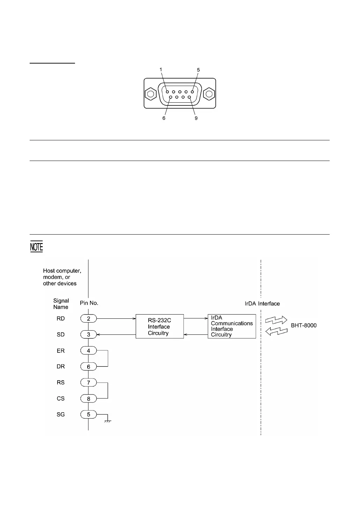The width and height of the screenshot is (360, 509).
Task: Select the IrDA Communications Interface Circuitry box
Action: tap(232, 326)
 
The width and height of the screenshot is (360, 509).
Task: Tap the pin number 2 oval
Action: tap(89, 318)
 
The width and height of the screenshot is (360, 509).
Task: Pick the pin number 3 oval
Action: tap(89, 334)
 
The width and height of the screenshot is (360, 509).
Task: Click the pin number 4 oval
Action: tap(89, 351)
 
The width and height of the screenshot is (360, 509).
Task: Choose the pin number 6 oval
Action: tap(89, 367)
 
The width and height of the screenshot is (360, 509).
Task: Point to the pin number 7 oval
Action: tap(89, 383)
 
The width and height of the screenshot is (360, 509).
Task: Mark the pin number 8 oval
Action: tap(89, 398)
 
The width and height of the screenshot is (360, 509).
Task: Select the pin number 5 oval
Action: tap(89, 414)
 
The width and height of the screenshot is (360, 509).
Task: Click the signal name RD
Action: tap(61, 318)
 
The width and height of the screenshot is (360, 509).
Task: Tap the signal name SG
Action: tap(61, 414)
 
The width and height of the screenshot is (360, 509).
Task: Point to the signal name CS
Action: tap(61, 398)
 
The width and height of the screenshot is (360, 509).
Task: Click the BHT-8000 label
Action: tap(304, 325)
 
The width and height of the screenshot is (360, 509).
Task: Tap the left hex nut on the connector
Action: tap(151, 94)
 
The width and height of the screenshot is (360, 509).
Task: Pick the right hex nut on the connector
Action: tap(209, 94)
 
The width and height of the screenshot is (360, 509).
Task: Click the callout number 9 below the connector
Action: tap(196, 118)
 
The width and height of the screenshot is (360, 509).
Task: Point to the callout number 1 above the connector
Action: tap(161, 69)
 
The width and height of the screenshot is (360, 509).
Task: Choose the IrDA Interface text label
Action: tap(262, 304)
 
